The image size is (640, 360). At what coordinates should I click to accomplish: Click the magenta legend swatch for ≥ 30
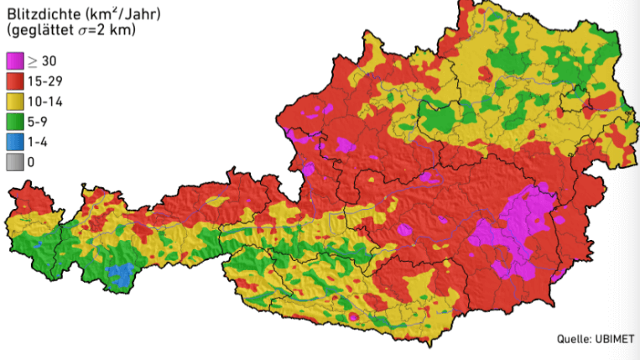(15, 61)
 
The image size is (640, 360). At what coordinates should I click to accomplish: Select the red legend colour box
(15, 81)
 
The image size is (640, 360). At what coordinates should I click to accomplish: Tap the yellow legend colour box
(15, 102)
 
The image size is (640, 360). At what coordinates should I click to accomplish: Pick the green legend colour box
(15, 122)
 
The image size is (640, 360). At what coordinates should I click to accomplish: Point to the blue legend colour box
(15, 142)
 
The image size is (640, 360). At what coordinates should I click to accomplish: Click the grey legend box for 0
(15, 162)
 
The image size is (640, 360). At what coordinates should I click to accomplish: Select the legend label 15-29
(45, 81)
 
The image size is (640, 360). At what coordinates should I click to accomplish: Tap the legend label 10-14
(45, 102)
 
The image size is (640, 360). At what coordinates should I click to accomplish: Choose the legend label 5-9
(39, 122)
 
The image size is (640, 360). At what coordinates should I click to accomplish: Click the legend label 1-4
(39, 142)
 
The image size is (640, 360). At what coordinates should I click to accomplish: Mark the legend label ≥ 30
(42, 61)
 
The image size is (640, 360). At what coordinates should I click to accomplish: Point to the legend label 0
(32, 162)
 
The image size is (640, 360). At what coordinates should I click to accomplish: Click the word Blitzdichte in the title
(41, 13)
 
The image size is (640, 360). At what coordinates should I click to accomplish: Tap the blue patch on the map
(122, 275)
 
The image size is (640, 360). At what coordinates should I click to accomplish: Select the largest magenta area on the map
(513, 231)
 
